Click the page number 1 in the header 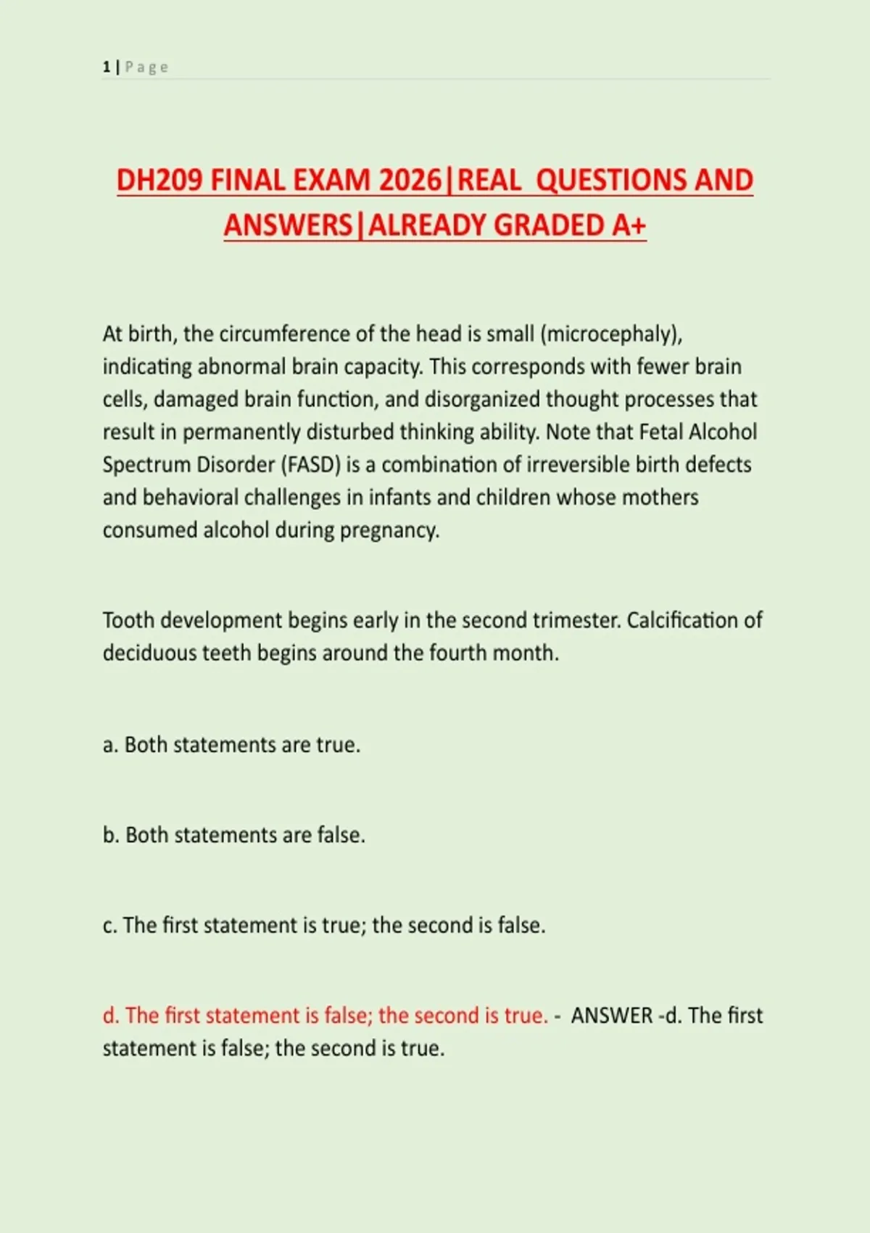(x=107, y=67)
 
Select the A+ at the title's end (x=628, y=226)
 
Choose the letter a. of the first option (x=110, y=745)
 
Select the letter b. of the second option (x=111, y=836)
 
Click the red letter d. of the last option (x=111, y=1016)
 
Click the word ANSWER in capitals (x=612, y=1016)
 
